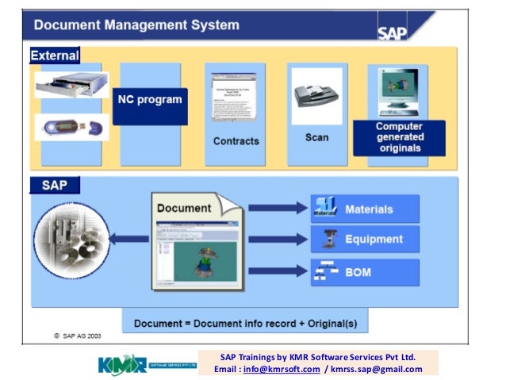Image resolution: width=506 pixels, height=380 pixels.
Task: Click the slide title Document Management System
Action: [x=136, y=25]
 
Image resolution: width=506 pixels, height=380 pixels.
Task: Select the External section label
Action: [x=55, y=56]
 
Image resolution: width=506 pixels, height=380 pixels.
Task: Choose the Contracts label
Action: [x=236, y=141]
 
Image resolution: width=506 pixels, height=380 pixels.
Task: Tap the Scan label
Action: [x=316, y=137]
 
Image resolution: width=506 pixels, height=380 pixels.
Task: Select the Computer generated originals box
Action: [x=399, y=137]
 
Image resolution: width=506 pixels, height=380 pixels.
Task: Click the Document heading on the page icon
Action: [x=184, y=209]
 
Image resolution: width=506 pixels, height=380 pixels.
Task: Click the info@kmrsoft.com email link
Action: [x=282, y=369]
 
